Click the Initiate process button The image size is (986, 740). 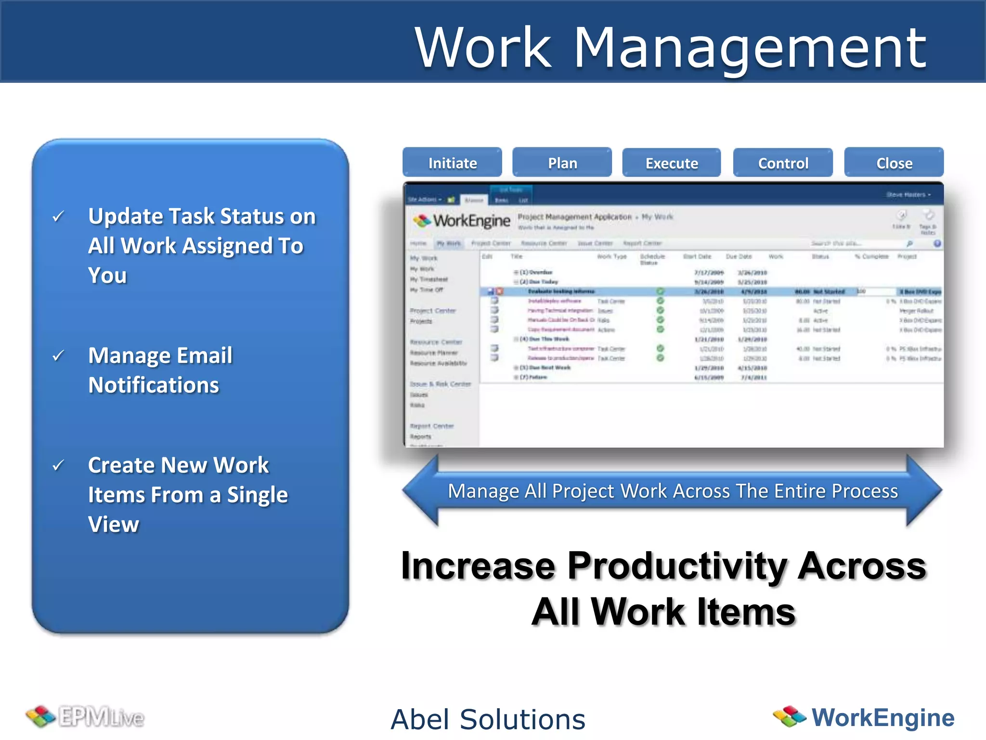[x=452, y=163]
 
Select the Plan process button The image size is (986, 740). [x=562, y=163]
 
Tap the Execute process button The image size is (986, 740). [x=671, y=163]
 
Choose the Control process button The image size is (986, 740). [x=783, y=163]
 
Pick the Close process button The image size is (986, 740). [x=894, y=163]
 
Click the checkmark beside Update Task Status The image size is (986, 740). [x=58, y=216]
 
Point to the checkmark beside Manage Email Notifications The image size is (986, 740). [x=58, y=356]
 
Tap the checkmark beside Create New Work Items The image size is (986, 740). [x=58, y=465]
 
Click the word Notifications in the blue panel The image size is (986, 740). [x=154, y=385]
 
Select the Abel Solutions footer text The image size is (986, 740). [x=488, y=719]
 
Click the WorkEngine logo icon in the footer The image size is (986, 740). [x=789, y=716]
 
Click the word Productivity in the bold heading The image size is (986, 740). [x=678, y=566]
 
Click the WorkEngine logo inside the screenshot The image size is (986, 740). [x=462, y=221]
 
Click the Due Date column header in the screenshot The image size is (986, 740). [x=739, y=256]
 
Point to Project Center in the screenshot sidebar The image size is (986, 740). [x=432, y=311]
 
